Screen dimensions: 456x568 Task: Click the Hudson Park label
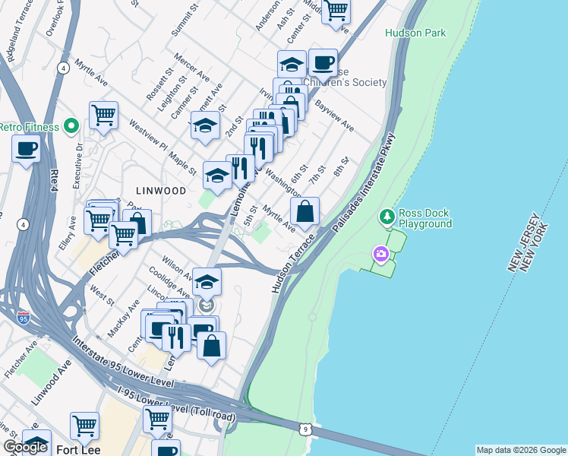coord(415,33)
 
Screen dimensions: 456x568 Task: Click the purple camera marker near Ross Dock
coord(379,253)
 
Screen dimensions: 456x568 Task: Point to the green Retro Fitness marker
coord(71,126)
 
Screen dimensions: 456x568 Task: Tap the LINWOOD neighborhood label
coord(160,191)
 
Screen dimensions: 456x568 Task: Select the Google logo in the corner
coord(25,447)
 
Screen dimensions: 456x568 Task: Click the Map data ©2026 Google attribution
coord(521,450)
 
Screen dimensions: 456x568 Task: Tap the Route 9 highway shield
coord(305,429)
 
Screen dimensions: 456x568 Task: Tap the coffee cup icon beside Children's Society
coord(323,62)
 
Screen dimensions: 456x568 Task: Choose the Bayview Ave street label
coord(335,113)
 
